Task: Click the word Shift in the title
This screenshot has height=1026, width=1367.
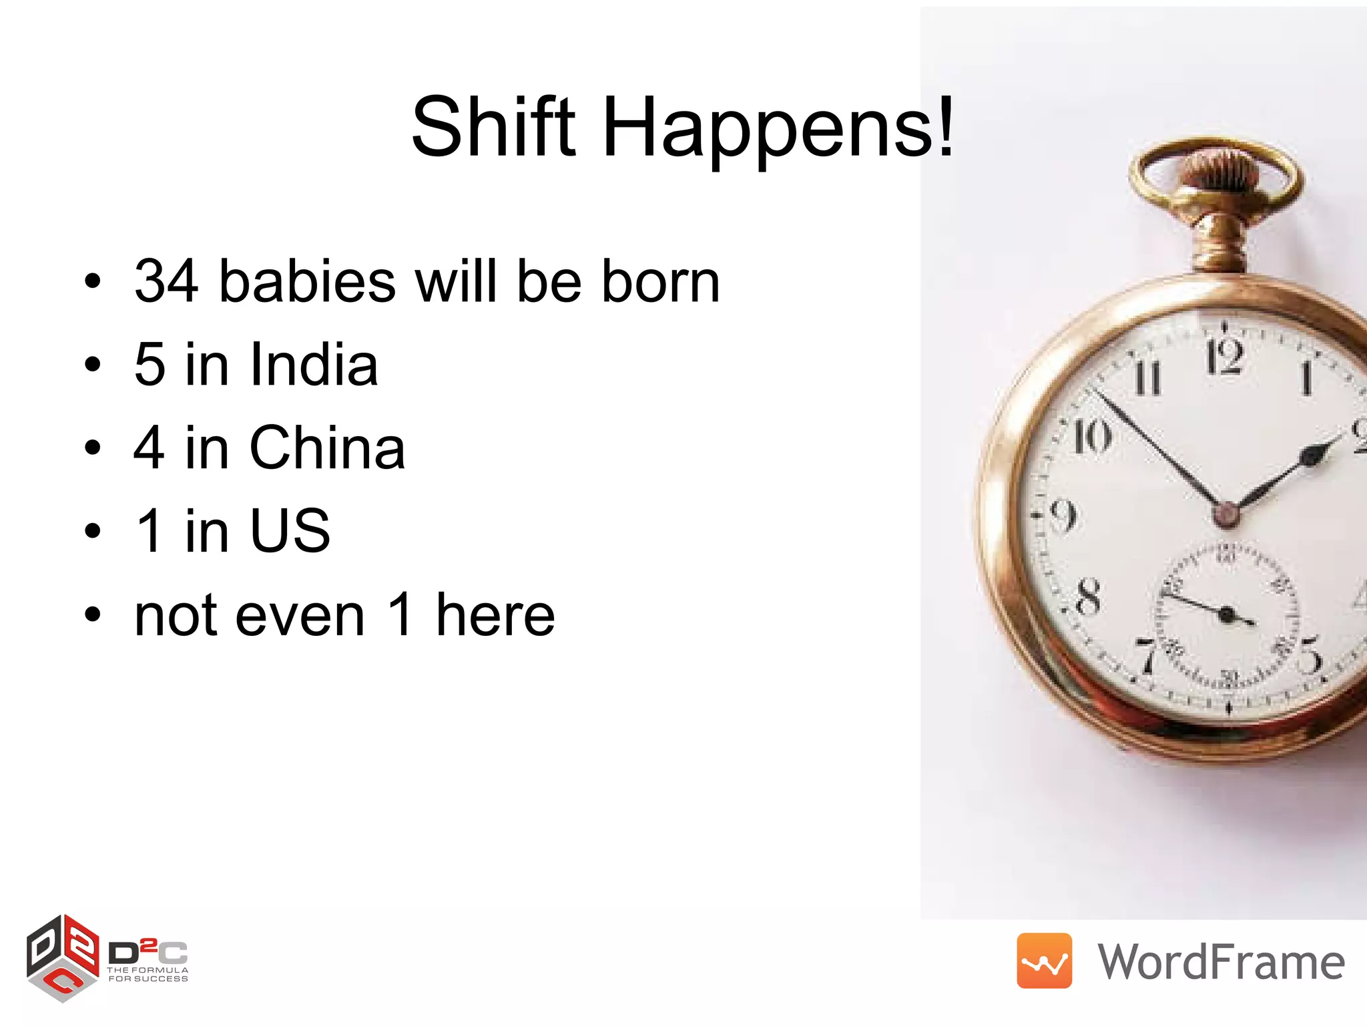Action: pos(493,127)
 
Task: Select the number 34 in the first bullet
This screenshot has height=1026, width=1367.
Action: pos(166,281)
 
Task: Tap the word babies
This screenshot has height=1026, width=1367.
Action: pos(307,281)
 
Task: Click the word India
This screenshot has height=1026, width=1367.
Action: pos(314,365)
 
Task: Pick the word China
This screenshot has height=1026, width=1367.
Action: pos(327,448)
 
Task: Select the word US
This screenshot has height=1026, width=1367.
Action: pos(290,531)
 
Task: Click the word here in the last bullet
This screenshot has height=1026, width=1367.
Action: pos(495,615)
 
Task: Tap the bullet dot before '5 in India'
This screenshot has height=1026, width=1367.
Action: pos(93,365)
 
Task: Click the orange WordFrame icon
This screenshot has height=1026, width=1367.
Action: pos(1044,961)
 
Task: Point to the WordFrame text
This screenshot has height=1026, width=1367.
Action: pos(1221,962)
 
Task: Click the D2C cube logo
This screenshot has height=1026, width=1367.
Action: pos(63,958)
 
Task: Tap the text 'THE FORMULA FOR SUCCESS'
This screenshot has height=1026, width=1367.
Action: pos(148,975)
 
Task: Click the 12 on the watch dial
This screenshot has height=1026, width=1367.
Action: pos(1223,357)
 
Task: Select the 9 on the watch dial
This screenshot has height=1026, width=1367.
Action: pos(1063,516)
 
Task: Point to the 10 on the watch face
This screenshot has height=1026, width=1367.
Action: pos(1092,437)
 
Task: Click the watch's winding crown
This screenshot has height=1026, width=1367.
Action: pos(1216,167)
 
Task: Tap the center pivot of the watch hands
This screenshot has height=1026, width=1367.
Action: pos(1225,514)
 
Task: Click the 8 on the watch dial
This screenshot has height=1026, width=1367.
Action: pos(1088,596)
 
